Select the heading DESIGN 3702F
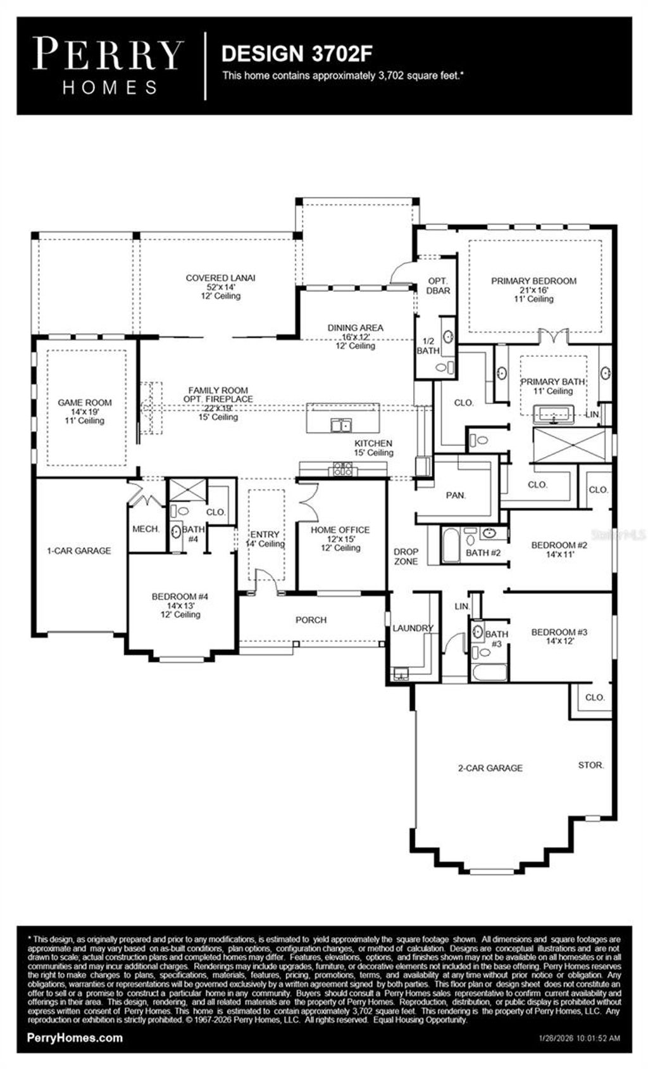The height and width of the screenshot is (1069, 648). click(296, 54)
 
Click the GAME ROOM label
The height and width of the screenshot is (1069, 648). click(85, 403)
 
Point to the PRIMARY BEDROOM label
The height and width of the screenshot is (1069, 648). click(533, 281)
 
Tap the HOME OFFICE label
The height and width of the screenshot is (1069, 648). click(340, 530)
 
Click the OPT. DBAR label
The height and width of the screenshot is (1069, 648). click(438, 286)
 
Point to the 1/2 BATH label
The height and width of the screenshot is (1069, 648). click(428, 346)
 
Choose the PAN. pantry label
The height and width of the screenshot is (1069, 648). click(456, 495)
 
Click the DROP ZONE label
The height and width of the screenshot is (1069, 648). click(406, 557)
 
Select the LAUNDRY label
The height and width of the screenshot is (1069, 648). click(413, 628)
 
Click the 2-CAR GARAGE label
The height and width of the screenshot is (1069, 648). click(490, 768)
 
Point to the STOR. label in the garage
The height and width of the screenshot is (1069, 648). click(590, 765)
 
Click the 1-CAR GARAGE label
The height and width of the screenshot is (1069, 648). click(79, 551)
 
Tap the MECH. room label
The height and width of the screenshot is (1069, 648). click(146, 529)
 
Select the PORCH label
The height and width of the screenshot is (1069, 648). click(311, 620)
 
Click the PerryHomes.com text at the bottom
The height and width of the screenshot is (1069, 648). click(75, 1038)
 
